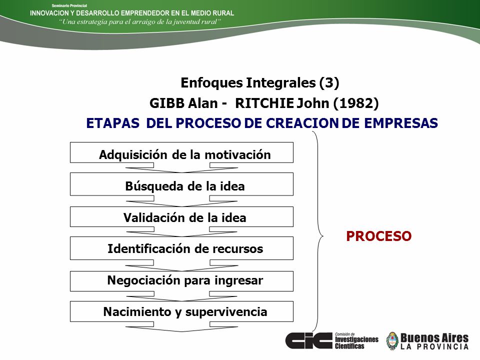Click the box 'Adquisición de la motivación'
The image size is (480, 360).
[x=181, y=152]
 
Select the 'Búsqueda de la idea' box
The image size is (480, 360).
[x=181, y=184]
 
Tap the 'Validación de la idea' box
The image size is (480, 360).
[x=181, y=216]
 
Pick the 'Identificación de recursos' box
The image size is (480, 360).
[x=181, y=248]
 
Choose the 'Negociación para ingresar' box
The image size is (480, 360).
[x=181, y=281]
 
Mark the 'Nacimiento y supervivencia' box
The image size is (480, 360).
[x=181, y=311]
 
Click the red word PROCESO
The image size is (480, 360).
[x=378, y=236]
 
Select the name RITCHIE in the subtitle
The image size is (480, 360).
[x=264, y=103]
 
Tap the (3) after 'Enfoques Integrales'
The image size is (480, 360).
[x=329, y=82]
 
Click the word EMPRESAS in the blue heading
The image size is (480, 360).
[x=401, y=123]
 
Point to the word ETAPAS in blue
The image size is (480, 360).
[x=112, y=123]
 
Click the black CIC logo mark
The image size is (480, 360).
[x=308, y=340]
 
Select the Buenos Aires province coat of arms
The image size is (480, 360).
[x=392, y=341]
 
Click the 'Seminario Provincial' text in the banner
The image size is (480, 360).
[x=69, y=5]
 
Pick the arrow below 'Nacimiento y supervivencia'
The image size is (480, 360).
[x=181, y=326]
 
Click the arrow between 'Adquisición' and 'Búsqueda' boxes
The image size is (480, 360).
[x=181, y=167]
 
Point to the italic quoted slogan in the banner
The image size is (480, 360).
[x=140, y=21]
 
